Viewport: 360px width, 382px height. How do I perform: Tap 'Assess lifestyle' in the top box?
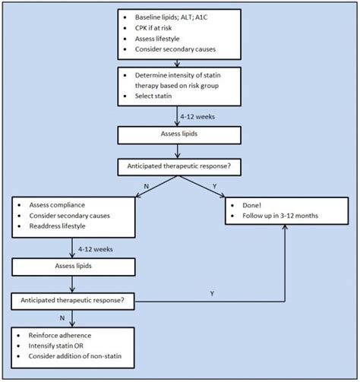(x=166, y=38)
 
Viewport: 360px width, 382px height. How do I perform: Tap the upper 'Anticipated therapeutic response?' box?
(x=179, y=166)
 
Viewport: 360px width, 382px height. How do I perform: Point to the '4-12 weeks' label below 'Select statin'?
(x=200, y=116)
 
